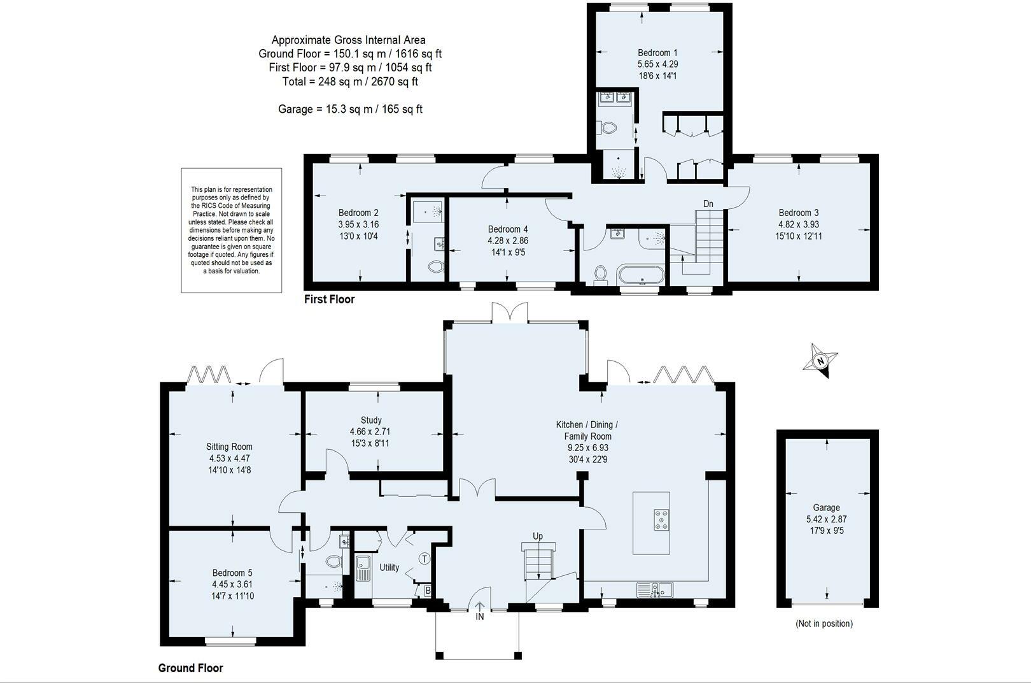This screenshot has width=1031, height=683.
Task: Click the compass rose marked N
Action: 820,361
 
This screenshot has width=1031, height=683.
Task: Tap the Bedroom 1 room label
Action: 657,52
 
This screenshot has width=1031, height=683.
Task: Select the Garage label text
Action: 826,507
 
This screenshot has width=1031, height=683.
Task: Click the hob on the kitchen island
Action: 661,520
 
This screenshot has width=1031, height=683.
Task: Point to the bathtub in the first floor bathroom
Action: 641,276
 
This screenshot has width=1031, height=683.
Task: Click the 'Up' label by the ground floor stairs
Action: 538,536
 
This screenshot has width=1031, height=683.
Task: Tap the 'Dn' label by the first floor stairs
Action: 708,204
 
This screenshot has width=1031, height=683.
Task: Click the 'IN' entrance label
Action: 480,617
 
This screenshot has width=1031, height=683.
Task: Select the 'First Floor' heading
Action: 330,299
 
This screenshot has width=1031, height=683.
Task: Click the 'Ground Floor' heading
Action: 190,668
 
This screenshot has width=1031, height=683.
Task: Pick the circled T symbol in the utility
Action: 424,559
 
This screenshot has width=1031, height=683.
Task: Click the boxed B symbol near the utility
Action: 428,591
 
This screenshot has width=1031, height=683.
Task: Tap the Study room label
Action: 371,421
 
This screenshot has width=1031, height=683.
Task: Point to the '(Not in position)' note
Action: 824,624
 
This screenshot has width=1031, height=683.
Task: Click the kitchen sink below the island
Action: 655,589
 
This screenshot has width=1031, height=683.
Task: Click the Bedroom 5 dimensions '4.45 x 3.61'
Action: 232,584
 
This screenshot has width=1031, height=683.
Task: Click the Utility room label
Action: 389,567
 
